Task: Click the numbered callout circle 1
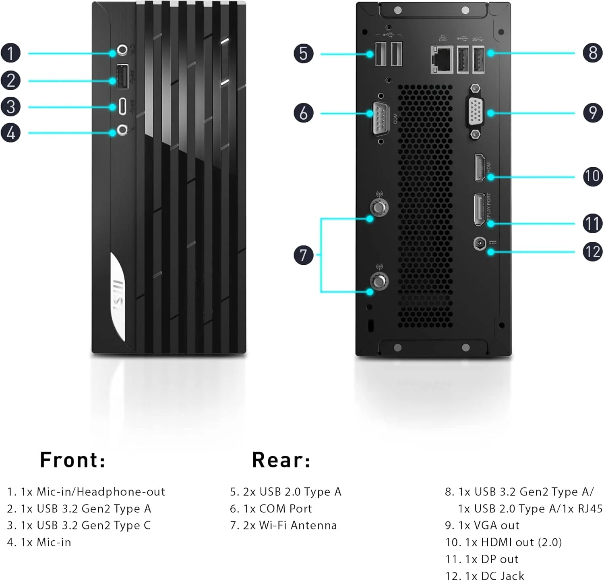[x=11, y=53]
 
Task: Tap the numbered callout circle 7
[x=304, y=255]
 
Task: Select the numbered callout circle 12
[x=592, y=252]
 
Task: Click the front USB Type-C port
[x=122, y=106]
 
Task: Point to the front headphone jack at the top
[x=122, y=50]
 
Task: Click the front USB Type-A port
[x=122, y=76]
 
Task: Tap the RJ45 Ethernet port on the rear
[x=442, y=59]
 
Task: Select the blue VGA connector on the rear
[x=476, y=111]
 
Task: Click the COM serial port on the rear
[x=380, y=118]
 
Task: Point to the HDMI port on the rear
[x=480, y=167]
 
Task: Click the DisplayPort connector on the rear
[x=479, y=209]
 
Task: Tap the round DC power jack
[x=480, y=243]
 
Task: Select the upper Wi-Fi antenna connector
[x=379, y=207]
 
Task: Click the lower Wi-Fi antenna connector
[x=379, y=281]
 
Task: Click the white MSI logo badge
[x=118, y=297]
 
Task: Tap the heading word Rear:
[x=281, y=460]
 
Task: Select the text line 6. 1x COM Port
[x=271, y=509]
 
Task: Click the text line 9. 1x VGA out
[x=482, y=525]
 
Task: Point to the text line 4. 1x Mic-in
[x=39, y=542]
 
